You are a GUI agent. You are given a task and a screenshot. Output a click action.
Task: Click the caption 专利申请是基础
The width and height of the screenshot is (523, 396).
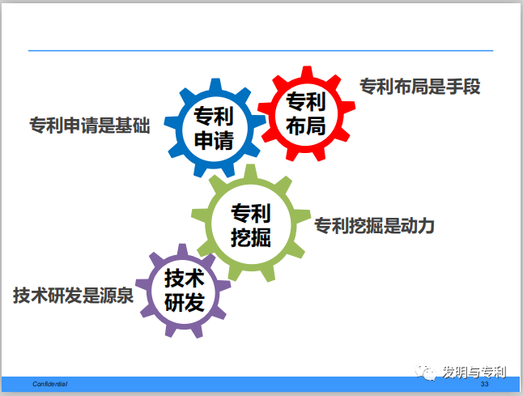point(89,126)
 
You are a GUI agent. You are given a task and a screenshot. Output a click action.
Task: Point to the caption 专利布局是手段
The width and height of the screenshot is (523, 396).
point(419,86)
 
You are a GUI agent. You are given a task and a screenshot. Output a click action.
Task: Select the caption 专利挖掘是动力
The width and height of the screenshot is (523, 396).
point(374,226)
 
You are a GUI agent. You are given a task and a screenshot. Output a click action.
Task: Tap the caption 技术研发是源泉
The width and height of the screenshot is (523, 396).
point(73,295)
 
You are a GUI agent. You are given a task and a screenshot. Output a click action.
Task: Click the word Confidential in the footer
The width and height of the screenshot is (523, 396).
point(49,382)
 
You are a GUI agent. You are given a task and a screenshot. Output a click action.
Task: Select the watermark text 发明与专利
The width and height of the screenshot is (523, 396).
point(474,372)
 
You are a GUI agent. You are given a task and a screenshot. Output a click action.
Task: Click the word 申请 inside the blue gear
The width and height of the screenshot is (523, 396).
point(214,142)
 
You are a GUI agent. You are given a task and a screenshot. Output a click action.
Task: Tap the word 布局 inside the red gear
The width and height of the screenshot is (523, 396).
point(305,126)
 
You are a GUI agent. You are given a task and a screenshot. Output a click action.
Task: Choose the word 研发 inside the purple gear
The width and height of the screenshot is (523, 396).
point(185,304)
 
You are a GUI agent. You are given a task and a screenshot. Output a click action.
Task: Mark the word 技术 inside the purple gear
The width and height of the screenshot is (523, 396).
point(185,279)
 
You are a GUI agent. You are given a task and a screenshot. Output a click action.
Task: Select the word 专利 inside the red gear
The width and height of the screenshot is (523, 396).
point(305,102)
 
